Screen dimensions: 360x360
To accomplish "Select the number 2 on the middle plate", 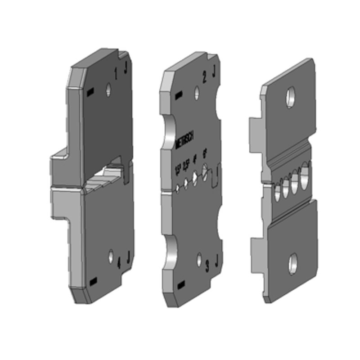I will tap(205, 78).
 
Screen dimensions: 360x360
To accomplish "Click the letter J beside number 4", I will tap(128, 258).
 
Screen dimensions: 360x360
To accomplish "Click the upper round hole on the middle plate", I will tap(197, 93).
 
